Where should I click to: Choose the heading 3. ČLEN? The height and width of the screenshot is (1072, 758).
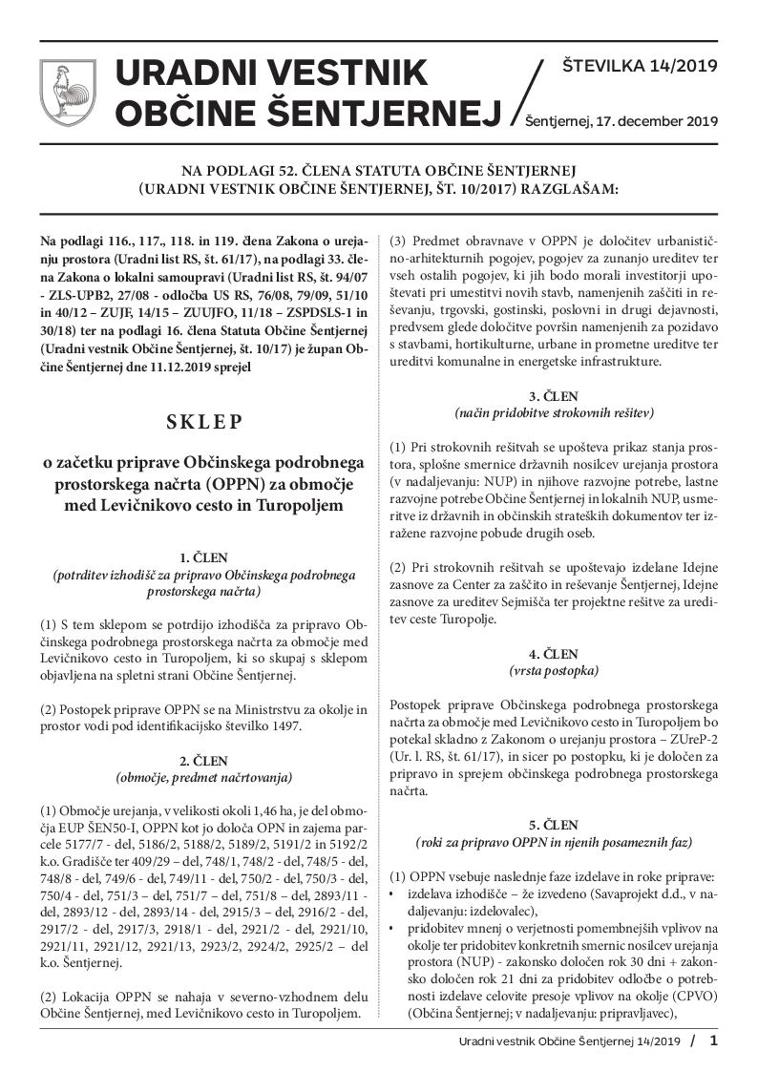(x=554, y=395)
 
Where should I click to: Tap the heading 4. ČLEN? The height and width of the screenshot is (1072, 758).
(x=554, y=654)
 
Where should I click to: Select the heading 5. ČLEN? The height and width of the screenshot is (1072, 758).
(x=554, y=824)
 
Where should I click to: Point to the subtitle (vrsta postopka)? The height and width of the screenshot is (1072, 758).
(x=554, y=671)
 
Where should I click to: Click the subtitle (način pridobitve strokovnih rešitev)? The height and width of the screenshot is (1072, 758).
(x=554, y=412)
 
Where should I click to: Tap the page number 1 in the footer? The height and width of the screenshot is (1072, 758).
(x=712, y=1040)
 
